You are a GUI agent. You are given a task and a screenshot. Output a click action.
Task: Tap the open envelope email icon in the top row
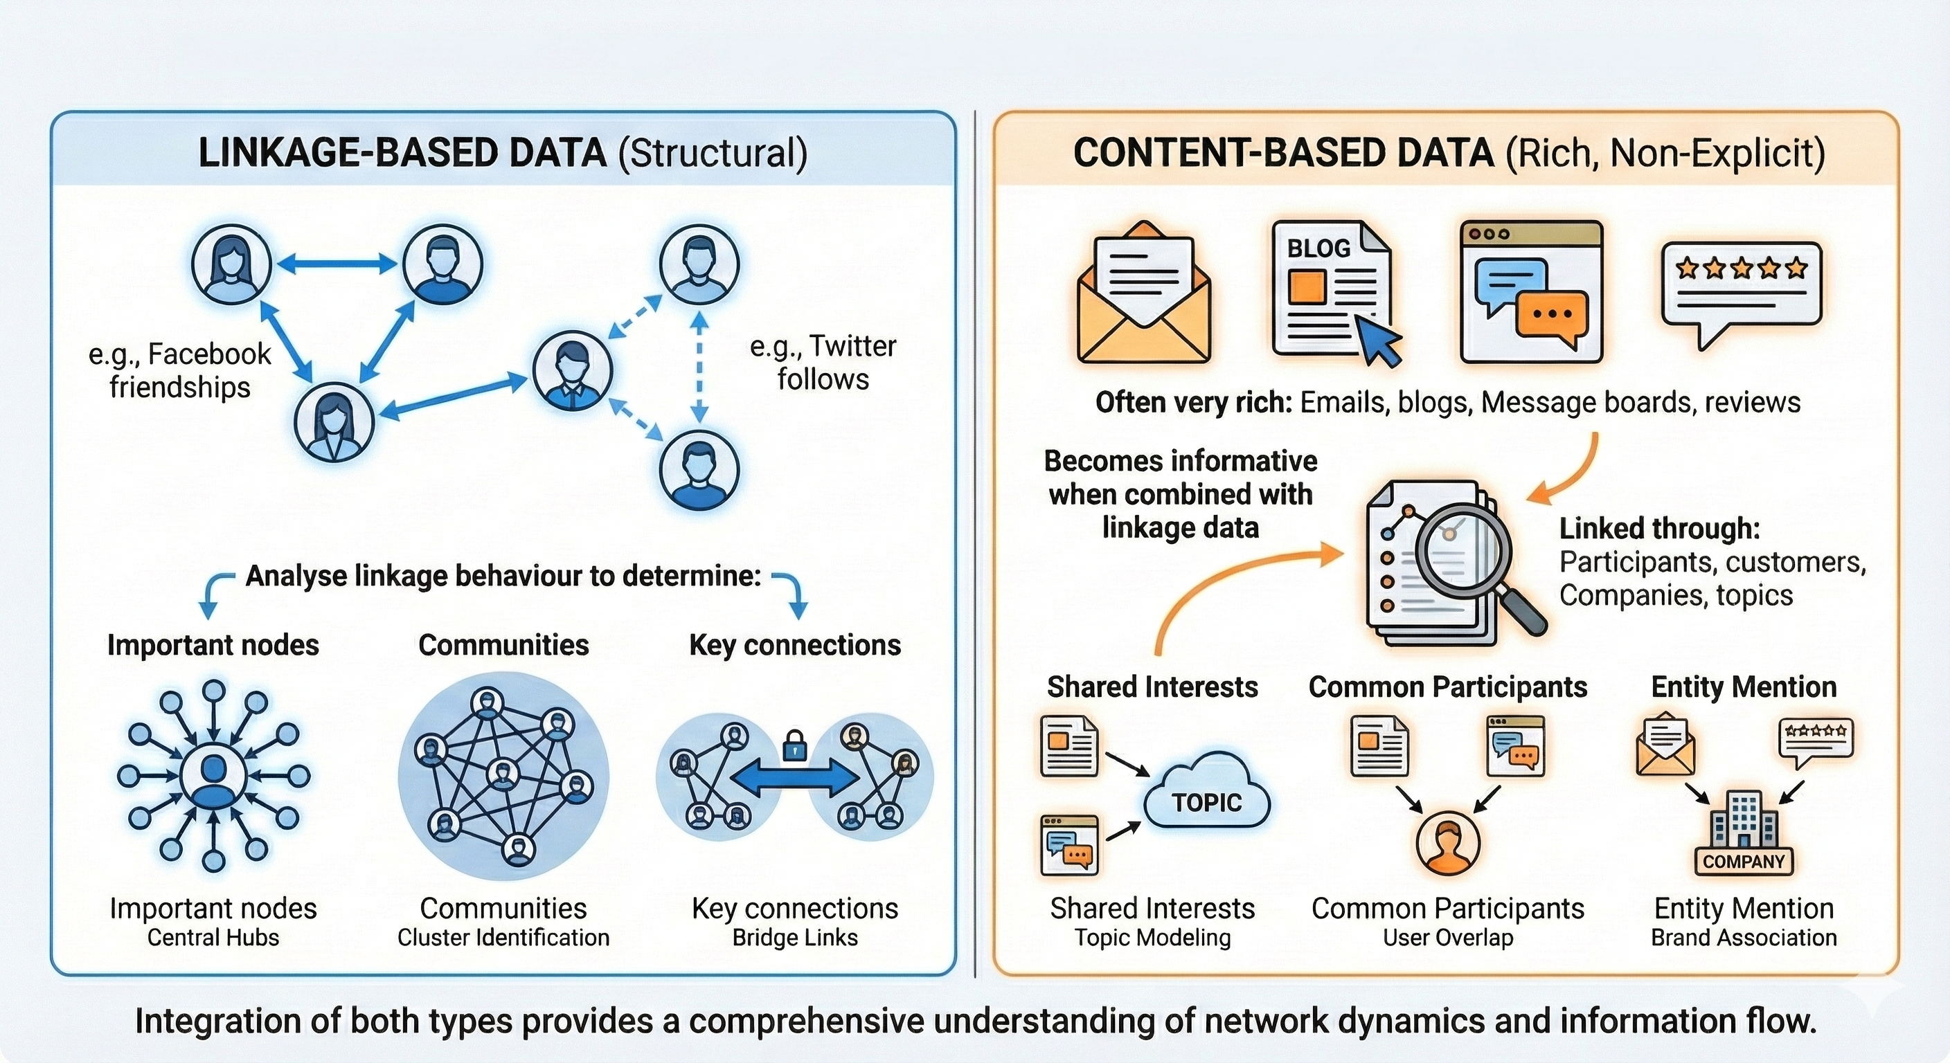[x=1144, y=293]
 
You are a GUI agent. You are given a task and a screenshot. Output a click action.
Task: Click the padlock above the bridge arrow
[x=794, y=745]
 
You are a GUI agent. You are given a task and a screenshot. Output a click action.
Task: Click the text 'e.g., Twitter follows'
[x=823, y=363]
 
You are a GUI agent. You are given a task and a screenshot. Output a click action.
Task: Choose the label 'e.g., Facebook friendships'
[x=179, y=371]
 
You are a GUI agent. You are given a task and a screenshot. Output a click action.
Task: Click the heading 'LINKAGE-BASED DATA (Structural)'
[x=503, y=153]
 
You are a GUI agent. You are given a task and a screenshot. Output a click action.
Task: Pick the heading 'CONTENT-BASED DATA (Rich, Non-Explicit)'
[x=1449, y=153]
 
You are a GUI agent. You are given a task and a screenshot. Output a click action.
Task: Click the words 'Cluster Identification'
[x=503, y=938]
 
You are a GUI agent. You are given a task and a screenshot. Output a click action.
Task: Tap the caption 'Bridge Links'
[x=795, y=938]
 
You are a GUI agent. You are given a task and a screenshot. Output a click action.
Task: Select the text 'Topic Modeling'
[x=1152, y=938]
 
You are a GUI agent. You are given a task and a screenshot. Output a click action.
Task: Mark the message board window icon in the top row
[x=1531, y=291]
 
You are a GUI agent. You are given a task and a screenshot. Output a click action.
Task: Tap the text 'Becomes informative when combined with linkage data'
[x=1180, y=494]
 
